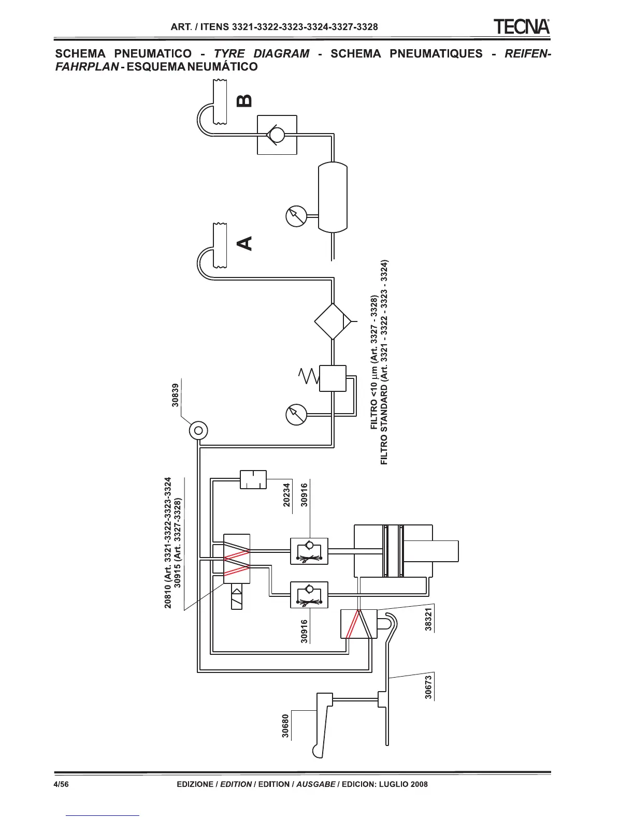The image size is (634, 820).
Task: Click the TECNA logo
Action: [x=521, y=26]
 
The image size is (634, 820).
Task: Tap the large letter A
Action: [x=244, y=243]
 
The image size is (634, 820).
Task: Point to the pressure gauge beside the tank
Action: [x=296, y=216]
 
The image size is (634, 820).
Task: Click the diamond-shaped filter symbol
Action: [x=333, y=321]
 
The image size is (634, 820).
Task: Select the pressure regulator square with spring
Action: [x=333, y=378]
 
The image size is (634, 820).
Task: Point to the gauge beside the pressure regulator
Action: [x=296, y=414]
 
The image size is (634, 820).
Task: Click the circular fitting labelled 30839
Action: [x=198, y=430]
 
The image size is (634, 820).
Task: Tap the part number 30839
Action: [x=176, y=394]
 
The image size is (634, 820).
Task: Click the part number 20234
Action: [x=287, y=495]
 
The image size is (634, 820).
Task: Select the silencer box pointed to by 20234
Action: [x=253, y=479]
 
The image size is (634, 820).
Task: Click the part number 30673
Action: [x=428, y=687]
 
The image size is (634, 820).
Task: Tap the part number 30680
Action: [x=285, y=725]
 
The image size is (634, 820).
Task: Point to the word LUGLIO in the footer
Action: [x=393, y=784]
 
